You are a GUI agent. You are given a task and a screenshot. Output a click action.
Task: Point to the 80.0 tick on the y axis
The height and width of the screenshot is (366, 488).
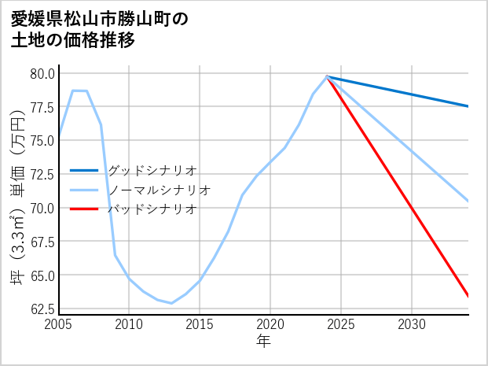(42, 73)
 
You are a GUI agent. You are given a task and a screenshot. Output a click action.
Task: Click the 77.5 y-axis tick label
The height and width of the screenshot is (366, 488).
(42, 107)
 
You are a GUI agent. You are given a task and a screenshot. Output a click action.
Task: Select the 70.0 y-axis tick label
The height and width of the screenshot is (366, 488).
(42, 208)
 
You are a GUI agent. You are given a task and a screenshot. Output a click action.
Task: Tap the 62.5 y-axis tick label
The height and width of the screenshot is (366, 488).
(42, 309)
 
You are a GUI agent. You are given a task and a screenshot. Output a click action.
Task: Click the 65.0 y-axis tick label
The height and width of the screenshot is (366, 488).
(42, 275)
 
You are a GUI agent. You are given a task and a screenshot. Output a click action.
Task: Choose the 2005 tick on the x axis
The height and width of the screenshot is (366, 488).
(59, 324)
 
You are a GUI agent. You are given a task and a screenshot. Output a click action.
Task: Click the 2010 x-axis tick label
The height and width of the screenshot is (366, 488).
(129, 324)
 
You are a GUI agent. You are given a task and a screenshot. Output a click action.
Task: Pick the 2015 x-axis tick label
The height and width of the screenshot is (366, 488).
(200, 324)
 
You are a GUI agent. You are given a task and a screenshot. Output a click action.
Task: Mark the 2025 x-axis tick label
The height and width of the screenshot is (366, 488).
(341, 324)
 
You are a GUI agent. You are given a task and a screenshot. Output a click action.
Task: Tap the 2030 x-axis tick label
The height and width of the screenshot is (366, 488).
(412, 324)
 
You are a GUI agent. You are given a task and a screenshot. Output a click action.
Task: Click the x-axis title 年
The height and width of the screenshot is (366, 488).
(264, 342)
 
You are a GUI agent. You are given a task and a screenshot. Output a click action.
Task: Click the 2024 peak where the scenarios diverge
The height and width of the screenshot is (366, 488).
(327, 76)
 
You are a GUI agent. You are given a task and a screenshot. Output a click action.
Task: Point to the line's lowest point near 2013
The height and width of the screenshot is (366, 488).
(171, 303)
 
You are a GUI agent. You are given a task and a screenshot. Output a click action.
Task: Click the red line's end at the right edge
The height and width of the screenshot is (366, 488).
(468, 296)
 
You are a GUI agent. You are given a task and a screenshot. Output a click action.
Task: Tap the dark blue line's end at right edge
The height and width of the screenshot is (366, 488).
(468, 106)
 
